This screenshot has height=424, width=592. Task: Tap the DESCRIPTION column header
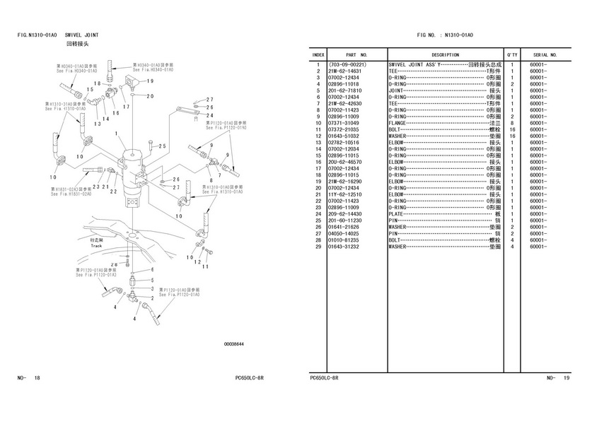tap(445, 54)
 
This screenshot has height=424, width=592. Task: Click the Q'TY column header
tap(511, 54)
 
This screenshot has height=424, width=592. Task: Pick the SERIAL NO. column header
tap(545, 54)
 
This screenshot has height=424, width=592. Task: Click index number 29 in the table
tap(319, 247)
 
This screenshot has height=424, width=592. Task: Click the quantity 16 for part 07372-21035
tap(511, 130)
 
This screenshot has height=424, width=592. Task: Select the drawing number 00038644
tap(233, 344)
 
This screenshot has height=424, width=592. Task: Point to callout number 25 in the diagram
tap(162, 146)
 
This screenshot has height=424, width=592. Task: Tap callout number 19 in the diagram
tap(150, 82)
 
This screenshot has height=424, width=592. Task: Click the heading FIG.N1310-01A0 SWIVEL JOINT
tap(58, 35)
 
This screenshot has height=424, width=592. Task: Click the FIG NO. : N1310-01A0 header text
tap(445, 35)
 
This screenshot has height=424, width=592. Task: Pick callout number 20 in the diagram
tap(150, 96)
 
